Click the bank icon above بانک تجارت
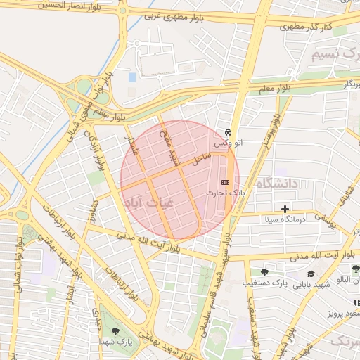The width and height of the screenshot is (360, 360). (x=225, y=183)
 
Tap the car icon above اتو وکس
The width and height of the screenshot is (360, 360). (x=229, y=132)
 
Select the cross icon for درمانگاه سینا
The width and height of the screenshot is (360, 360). (x=285, y=209)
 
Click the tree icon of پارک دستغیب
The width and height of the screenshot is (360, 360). (x=264, y=272)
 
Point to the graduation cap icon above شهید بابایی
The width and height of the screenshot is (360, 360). (x=311, y=274)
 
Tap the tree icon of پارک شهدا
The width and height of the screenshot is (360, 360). (x=115, y=331)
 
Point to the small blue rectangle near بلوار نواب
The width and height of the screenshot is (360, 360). (x=132, y=77)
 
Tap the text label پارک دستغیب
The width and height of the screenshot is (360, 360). (x=266, y=283)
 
